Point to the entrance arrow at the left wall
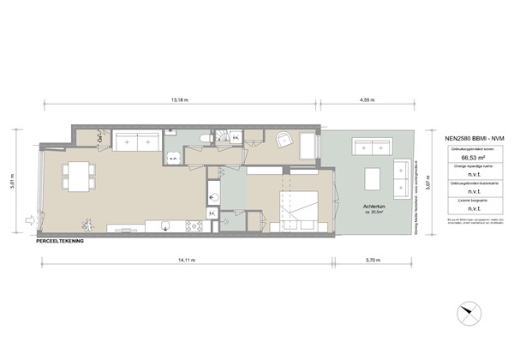[31, 219]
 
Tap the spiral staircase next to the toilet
[226, 138]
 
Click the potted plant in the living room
[101, 138]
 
